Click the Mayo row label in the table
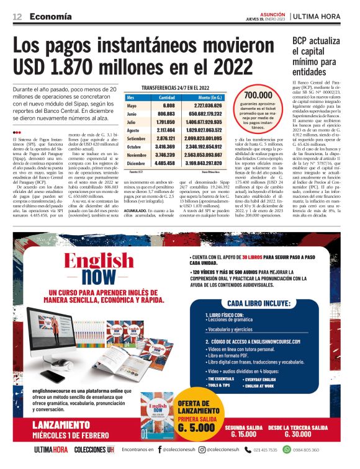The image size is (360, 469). tap(132, 106)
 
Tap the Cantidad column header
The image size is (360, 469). tap(166, 97)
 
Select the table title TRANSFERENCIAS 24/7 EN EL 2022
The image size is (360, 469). tap(176, 88)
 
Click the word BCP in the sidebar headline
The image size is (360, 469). tap(302, 41)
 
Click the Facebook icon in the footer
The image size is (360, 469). tap(160, 449)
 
